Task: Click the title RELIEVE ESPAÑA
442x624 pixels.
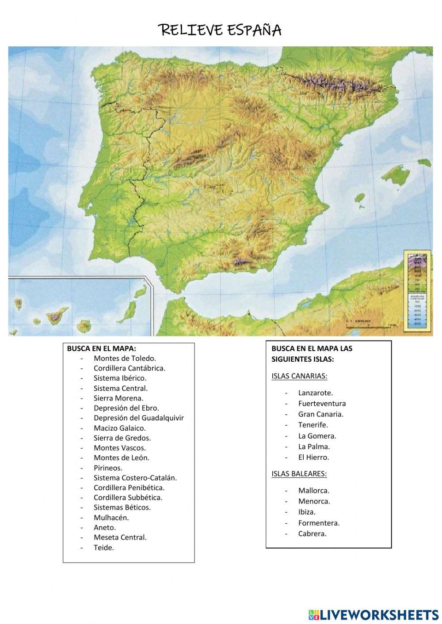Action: click(220, 30)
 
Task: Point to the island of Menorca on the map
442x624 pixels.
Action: click(425, 162)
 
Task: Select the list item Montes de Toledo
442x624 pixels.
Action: click(125, 358)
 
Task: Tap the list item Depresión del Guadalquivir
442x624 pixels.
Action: click(138, 418)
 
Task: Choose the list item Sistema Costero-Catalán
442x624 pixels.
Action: click(135, 477)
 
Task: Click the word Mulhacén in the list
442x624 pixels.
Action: click(111, 518)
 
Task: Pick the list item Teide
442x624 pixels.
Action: click(103, 548)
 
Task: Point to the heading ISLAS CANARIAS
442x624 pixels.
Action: click(299, 376)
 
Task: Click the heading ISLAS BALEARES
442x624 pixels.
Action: click(299, 474)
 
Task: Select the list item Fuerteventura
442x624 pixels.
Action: click(322, 403)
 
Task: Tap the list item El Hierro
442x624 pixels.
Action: click(313, 457)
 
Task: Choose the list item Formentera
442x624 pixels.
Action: click(319, 523)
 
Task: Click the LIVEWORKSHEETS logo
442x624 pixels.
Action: click(373, 614)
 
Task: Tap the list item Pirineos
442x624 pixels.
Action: click(108, 468)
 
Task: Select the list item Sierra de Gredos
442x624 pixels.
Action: click(122, 438)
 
